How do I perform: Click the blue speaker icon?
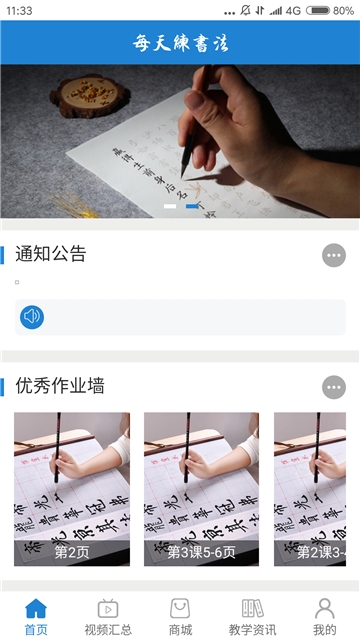click(x=32, y=317)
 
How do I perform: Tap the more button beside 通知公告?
click(x=334, y=255)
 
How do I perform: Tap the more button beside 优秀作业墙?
click(x=334, y=387)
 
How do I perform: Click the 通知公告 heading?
click(x=51, y=254)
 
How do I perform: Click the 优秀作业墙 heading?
click(x=60, y=386)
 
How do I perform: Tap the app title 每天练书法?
click(x=180, y=43)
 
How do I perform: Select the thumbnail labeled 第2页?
click(x=72, y=490)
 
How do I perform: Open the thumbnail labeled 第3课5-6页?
click(x=201, y=490)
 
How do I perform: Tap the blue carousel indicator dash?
click(x=191, y=206)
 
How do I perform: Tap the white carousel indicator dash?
click(x=170, y=206)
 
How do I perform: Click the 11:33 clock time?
click(x=19, y=10)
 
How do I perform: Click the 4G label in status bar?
click(x=292, y=10)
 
